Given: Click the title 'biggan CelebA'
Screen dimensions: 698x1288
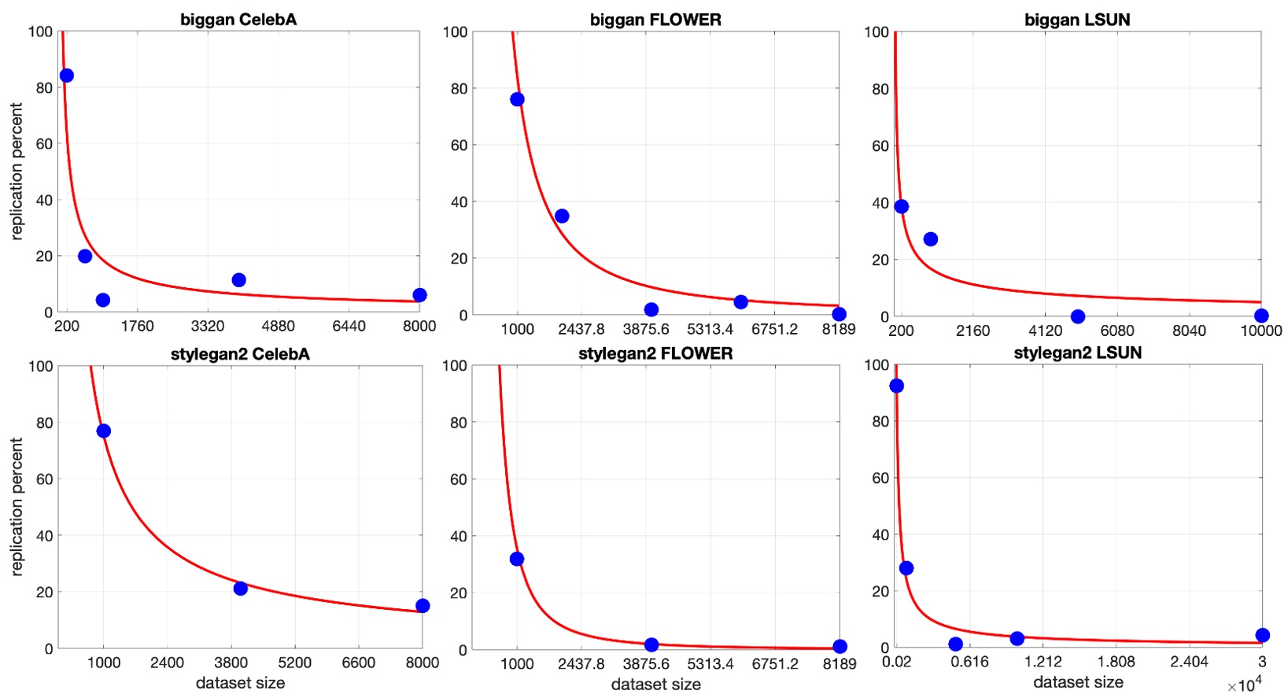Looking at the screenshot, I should pos(238,20).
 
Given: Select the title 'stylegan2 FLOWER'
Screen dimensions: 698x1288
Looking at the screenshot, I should pos(655,353).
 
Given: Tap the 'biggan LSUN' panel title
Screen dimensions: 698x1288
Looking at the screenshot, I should pos(1077,20).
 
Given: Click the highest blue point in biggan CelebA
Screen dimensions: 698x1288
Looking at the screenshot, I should pos(67,76).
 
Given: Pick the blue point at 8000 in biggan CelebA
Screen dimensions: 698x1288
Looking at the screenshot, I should pos(419,295).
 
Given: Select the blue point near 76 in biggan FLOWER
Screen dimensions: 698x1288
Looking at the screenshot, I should pos(517,99).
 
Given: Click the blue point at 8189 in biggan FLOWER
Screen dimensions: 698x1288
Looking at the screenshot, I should pos(839,314).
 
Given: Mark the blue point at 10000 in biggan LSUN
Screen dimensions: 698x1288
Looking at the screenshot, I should pos(1261,316).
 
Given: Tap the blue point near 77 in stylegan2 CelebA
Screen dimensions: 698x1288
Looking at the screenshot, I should pos(103,430).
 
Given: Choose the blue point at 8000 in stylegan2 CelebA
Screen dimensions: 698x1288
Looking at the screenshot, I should pos(423,605).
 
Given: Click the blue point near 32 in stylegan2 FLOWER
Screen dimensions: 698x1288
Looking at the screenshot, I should pos(517,559).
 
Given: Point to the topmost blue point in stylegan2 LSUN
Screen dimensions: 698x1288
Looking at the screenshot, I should pos(896,386).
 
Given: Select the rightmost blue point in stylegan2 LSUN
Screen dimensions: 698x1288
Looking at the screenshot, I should pos(1262,635).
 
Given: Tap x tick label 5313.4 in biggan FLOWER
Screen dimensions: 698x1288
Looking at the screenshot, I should pos(710,329).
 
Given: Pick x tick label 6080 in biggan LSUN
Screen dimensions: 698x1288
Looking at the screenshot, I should pos(1117,331).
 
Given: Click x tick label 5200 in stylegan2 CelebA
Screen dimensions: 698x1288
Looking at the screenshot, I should pos(294,663).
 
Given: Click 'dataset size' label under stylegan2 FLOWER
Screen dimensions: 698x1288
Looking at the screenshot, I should pos(655,685).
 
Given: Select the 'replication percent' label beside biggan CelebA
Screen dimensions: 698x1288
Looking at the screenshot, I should pos(17,172).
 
